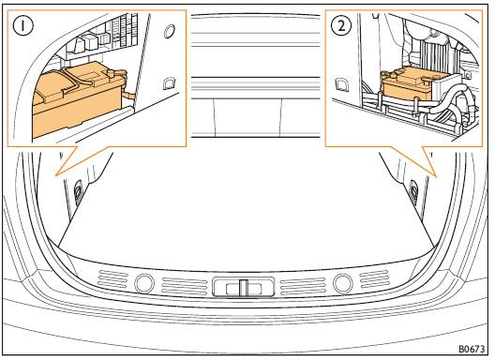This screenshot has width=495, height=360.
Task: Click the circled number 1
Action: click(22, 25)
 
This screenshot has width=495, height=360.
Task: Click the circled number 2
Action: click(341, 25)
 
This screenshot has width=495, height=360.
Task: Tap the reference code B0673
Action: click(472, 349)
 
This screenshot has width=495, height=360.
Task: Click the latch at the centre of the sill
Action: click(243, 287)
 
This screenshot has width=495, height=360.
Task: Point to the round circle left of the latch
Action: click(144, 283)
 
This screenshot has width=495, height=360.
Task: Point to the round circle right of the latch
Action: click(343, 282)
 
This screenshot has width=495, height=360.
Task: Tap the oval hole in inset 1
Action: click(171, 31)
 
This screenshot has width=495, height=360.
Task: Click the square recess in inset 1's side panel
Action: click(169, 83)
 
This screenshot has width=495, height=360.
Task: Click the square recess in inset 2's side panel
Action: click(341, 84)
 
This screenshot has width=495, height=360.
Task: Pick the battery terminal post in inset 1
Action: click(112, 74)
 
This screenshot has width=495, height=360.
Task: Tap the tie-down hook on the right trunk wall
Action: click(412, 188)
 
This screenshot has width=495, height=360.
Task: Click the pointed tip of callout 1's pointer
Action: click(56, 174)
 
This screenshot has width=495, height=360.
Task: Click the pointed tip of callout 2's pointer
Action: click(437, 176)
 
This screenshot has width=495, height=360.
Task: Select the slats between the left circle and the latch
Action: click(180, 286)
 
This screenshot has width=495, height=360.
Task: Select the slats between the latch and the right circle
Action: click(303, 286)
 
